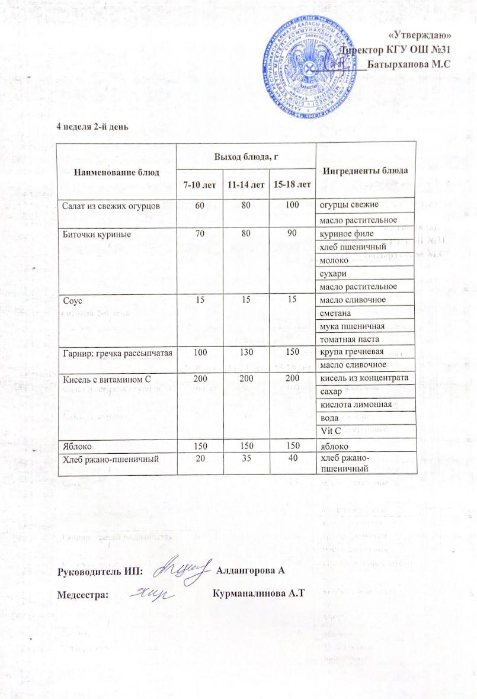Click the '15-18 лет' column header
tap(292, 185)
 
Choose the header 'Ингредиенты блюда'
tap(365, 171)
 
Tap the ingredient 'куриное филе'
tap(344, 234)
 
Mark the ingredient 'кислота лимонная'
tap(356, 405)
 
